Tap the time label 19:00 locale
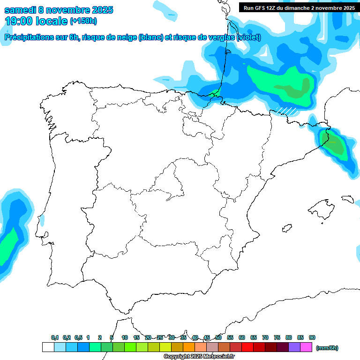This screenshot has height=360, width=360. click(x=36, y=21)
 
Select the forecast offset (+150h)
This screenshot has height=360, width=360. click(x=83, y=21)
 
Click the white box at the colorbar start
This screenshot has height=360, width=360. click(x=48, y=347)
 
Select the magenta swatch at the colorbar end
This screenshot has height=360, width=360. click(x=306, y=347)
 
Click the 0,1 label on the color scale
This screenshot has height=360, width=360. click(x=55, y=337)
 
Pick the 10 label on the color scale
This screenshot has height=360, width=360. click(x=125, y=337)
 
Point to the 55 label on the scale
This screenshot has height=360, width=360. click(x=230, y=337)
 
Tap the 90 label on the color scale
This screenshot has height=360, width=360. click(x=312, y=337)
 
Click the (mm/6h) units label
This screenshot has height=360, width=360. click(x=327, y=348)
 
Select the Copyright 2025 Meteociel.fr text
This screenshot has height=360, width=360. click(x=199, y=357)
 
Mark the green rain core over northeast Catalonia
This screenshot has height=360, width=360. click(x=336, y=146)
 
